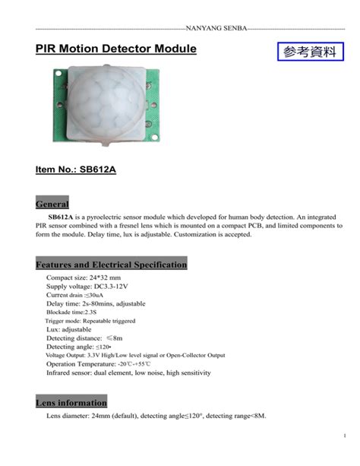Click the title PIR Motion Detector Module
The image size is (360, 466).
pyautogui.click(x=115, y=49)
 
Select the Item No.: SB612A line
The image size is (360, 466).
pyautogui.click(x=76, y=170)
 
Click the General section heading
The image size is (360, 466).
pyautogui.click(x=52, y=204)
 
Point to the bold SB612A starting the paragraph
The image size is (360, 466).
pyautogui.click(x=63, y=217)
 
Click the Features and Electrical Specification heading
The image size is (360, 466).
pyautogui.click(x=111, y=265)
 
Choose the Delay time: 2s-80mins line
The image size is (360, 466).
pyautogui.click(x=96, y=303)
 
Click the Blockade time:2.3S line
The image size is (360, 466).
pyautogui.click(x=71, y=312)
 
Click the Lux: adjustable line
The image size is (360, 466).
pyautogui.click(x=70, y=329)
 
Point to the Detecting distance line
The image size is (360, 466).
pyautogui.click(x=84, y=338)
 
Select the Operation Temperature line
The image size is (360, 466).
pyautogui.click(x=99, y=364)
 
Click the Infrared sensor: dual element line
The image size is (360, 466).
pyautogui.click(x=128, y=373)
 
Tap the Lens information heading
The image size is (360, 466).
pyautogui.click(x=71, y=402)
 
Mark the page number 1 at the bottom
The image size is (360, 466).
pyautogui.click(x=344, y=435)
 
